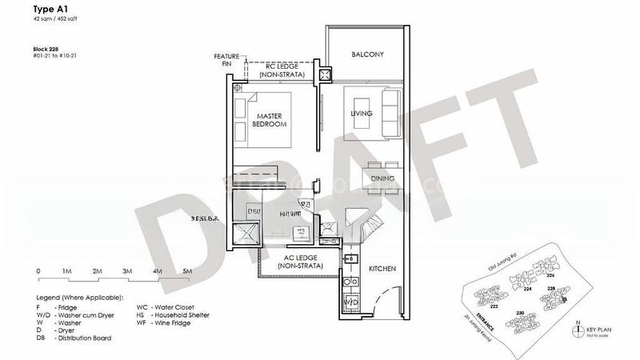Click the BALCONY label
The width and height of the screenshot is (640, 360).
[368, 54]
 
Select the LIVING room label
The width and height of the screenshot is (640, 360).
[362, 114]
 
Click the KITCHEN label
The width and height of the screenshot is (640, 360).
[381, 270]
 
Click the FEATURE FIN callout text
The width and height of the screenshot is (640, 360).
[226, 60]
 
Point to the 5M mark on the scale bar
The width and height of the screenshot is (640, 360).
[186, 272]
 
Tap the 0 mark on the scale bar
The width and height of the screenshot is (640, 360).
[38, 272]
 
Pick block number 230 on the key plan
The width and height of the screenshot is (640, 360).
[520, 313]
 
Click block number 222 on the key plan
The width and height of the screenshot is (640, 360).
[494, 306]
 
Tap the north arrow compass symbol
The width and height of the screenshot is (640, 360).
[578, 329]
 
